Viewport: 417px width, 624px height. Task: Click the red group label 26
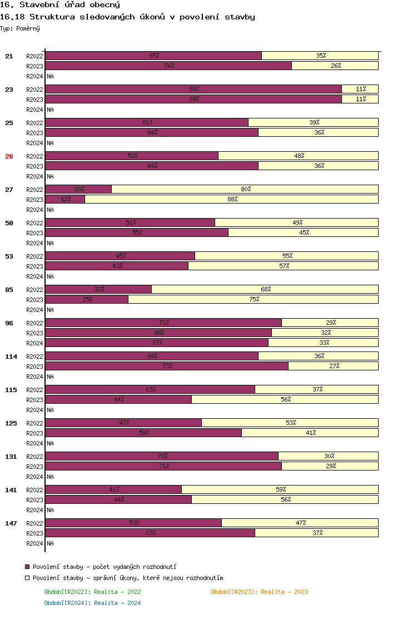(9, 156)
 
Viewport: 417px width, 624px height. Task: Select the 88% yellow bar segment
(231, 199)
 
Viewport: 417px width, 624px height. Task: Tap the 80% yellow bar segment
(245, 189)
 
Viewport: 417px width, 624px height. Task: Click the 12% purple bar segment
(65, 199)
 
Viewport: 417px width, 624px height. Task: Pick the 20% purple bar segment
(78, 189)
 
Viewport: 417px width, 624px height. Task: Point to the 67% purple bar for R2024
(157, 343)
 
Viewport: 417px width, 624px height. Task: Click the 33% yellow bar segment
(324, 343)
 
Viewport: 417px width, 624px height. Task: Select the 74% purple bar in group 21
(168, 66)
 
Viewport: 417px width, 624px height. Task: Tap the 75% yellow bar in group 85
(254, 299)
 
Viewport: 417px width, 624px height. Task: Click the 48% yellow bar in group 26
(299, 156)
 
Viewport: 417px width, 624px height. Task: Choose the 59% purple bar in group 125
(143, 433)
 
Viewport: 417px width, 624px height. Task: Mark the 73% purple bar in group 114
(167, 366)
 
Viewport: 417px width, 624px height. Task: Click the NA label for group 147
(50, 543)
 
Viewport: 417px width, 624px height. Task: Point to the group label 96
(9, 323)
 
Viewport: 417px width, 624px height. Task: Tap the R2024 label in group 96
(34, 343)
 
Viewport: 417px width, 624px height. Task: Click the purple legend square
(27, 566)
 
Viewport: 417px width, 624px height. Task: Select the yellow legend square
(27, 578)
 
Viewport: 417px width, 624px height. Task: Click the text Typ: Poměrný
(20, 28)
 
